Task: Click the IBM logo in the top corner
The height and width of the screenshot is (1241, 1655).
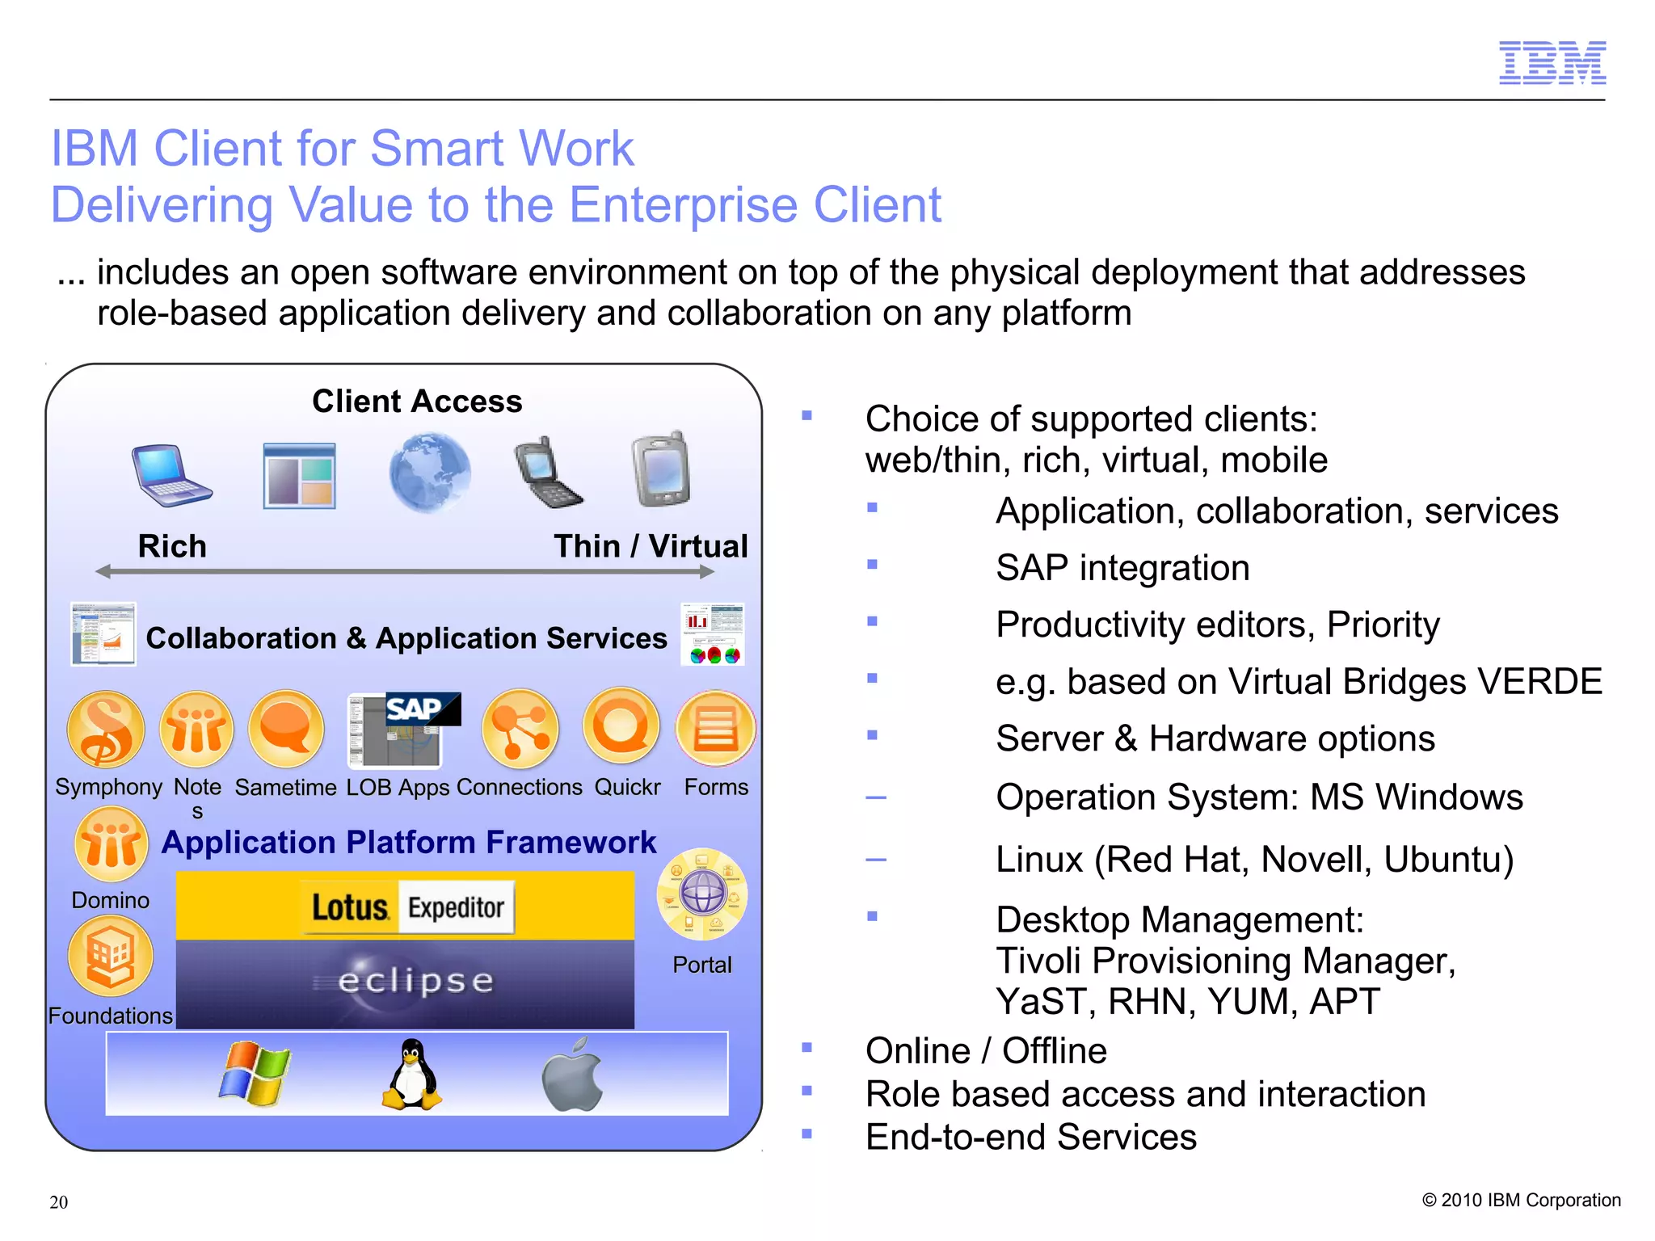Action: click(1552, 63)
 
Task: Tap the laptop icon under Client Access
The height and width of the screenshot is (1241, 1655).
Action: click(171, 476)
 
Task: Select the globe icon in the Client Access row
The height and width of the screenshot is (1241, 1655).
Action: click(429, 473)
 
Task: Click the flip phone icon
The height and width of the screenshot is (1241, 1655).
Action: click(547, 473)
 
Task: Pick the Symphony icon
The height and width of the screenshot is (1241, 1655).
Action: click(105, 730)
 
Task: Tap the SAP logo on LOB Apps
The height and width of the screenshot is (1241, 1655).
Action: click(422, 709)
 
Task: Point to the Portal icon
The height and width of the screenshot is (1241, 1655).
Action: click(702, 894)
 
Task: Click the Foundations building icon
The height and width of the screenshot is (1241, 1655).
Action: click(111, 958)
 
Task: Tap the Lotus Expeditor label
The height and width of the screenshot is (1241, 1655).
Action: click(408, 907)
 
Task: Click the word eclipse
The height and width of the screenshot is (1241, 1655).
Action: click(415, 981)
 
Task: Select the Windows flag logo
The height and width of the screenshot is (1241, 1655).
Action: click(255, 1074)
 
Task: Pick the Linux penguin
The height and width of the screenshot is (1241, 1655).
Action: click(412, 1074)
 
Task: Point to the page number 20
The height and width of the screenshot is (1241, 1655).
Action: click(59, 1202)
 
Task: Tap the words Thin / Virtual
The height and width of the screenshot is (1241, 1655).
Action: click(651, 547)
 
